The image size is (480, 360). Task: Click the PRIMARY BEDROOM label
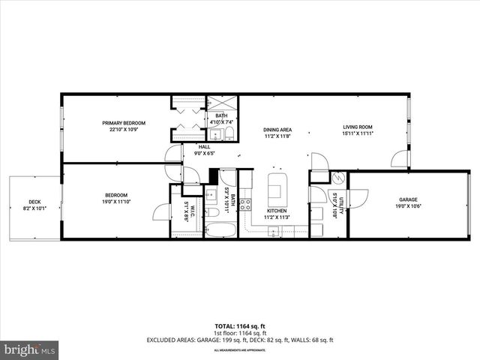[124, 123]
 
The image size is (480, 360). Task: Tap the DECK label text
[35, 201]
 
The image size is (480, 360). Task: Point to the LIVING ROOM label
[358, 127]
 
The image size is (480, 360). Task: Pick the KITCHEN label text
[277, 211]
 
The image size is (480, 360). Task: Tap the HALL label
[204, 146]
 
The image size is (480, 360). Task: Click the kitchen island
[277, 185]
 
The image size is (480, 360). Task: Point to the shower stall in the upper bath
[220, 105]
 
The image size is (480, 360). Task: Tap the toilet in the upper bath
[229, 135]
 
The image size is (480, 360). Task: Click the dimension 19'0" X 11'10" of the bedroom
[116, 201]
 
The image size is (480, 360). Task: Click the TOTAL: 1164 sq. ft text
[239, 326]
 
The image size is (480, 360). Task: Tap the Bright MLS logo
[30, 349]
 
